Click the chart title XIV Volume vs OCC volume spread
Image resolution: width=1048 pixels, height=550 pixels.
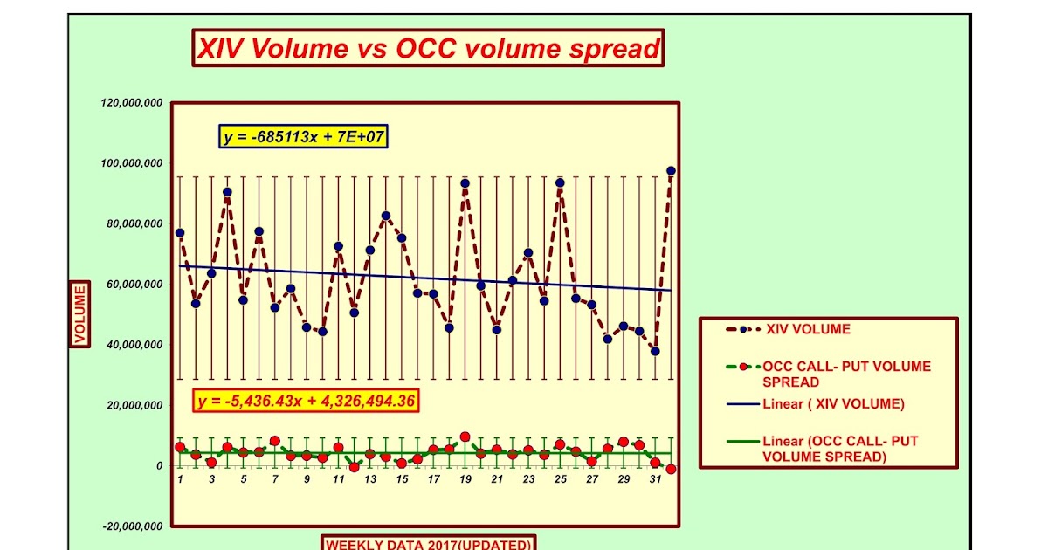[428, 48]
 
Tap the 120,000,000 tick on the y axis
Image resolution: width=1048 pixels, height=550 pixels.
[132, 103]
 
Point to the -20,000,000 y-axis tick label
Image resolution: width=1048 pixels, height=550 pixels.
[131, 526]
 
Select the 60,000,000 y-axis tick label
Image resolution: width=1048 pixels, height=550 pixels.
[134, 285]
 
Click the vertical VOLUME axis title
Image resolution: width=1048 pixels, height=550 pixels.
[79, 314]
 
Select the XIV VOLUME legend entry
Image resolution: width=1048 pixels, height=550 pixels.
[807, 330]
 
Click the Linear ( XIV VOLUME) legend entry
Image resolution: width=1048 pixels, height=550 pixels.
[832, 404]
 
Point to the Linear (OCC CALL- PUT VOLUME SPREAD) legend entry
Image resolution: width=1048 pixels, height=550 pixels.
[839, 449]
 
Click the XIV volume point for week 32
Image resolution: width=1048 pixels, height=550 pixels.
[671, 171]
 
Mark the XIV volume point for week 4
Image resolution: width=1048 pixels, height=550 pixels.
[227, 192]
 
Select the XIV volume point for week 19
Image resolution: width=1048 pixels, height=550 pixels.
[465, 183]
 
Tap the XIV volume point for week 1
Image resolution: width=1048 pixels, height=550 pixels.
[180, 233]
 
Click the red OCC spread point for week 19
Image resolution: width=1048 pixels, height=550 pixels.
[465, 437]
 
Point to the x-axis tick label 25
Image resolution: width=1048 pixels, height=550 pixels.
[560, 479]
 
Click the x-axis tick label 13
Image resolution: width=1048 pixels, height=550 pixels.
[369, 479]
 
